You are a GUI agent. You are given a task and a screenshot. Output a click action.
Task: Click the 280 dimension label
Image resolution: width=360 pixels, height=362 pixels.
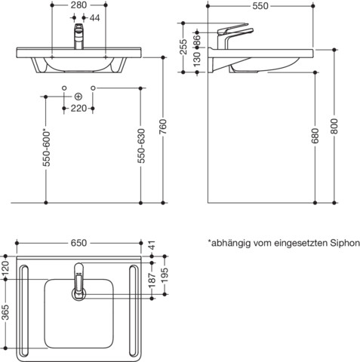[x=78, y=5]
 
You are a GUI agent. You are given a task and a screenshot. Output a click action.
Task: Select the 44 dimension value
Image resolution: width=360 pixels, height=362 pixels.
[x=94, y=18]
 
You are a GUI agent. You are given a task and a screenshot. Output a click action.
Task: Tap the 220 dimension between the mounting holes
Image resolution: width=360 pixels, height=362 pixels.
[x=78, y=109]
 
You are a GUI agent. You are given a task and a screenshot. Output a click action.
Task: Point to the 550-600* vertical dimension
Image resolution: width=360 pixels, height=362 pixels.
[x=47, y=149]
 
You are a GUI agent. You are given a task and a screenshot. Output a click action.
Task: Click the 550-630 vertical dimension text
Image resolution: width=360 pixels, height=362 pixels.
[x=141, y=146]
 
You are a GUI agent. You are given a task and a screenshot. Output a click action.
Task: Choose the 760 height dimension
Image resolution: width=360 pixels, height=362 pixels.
[x=163, y=127]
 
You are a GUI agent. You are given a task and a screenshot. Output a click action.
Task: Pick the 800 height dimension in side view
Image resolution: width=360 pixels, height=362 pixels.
[x=334, y=127]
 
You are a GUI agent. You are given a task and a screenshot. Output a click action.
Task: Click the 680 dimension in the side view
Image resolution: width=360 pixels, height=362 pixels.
[x=315, y=136]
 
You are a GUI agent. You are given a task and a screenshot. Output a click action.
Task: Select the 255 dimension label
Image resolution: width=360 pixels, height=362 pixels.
[x=183, y=47]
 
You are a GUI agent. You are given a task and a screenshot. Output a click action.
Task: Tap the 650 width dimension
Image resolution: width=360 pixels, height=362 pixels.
[x=78, y=243]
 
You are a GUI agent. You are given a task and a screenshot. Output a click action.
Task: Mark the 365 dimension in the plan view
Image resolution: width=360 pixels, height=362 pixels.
[x=5, y=312]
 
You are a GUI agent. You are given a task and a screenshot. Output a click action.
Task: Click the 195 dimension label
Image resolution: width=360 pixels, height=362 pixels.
[x=165, y=275]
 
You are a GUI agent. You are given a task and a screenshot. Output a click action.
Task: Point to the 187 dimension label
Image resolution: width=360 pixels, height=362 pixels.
[x=152, y=280]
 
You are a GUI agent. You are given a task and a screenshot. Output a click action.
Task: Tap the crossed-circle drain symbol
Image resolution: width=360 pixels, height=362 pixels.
[x=78, y=97]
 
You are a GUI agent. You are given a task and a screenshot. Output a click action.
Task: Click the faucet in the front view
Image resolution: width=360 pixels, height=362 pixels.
[x=78, y=36]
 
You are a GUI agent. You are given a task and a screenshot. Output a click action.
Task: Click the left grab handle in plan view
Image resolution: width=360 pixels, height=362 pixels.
[x=23, y=310]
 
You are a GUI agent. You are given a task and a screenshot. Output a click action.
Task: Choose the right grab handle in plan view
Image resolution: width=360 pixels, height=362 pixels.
[x=134, y=310]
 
